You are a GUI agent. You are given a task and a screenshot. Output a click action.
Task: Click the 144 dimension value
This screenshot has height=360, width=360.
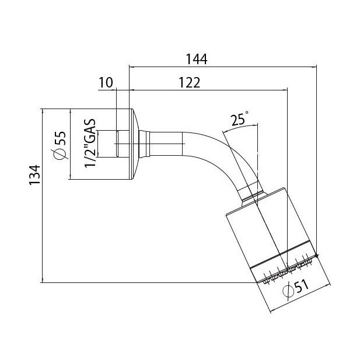coord(197,60)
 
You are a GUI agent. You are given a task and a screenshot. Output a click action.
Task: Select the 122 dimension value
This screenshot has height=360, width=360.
coord(190,83)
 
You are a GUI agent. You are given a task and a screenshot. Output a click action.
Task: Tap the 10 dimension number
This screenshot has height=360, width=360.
coord(106,82)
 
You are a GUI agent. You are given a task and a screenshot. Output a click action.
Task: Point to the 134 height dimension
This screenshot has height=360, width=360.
coord(35,174)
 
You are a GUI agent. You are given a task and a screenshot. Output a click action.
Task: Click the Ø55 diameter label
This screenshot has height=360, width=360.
coord(60,145)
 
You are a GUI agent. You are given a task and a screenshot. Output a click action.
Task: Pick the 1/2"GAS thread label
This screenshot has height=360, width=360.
coord(90,143)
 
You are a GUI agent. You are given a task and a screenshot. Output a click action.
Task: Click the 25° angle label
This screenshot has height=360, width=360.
coord(239,119)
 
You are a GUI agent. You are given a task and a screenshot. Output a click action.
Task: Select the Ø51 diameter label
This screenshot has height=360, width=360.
coord(296,289)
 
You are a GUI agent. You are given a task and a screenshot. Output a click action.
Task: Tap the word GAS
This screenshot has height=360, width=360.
coord(90,129)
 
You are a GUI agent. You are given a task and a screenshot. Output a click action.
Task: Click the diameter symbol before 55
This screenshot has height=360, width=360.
coord(60,153)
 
